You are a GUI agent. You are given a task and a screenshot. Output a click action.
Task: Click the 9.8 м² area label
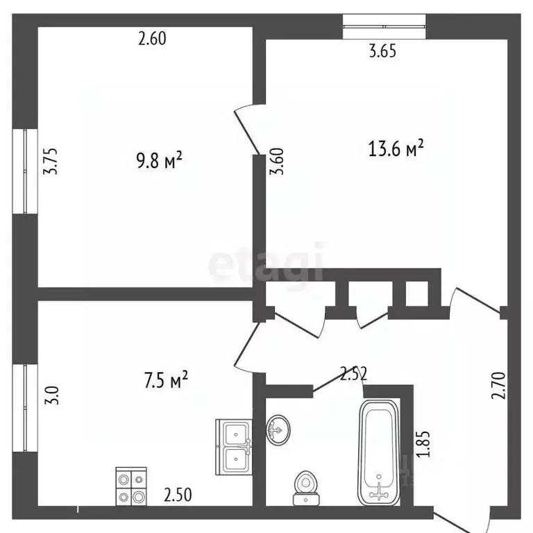pyautogui.click(x=160, y=162)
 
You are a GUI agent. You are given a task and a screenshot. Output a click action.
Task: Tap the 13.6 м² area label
pyautogui.click(x=395, y=149)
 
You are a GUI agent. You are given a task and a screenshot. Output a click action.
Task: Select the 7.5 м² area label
pyautogui.click(x=166, y=381)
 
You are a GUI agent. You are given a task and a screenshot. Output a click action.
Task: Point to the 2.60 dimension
pyautogui.click(x=153, y=39)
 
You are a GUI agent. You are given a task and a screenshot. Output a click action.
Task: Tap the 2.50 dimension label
pyautogui.click(x=178, y=495)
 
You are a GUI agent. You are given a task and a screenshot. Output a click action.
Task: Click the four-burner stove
pyautogui.click(x=131, y=487)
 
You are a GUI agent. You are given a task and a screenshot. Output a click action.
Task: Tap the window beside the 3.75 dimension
pyautogui.click(x=28, y=170)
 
